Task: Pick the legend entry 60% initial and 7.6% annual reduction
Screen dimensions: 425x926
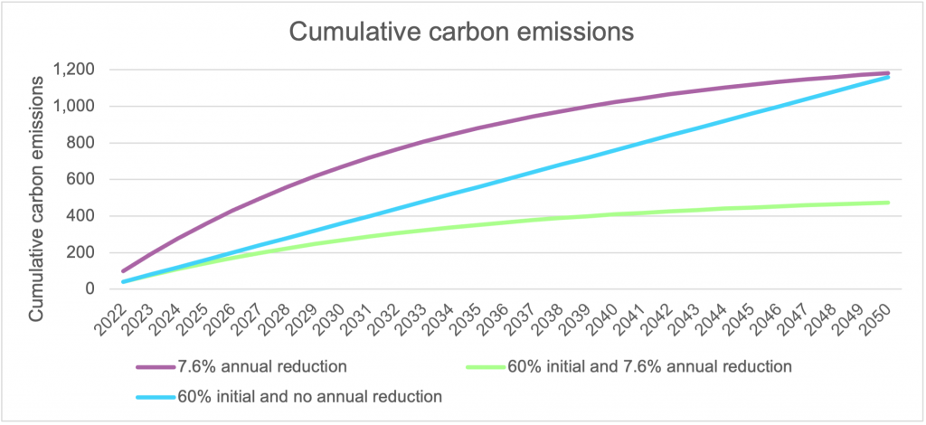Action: point(650,367)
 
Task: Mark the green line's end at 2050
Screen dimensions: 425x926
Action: point(888,203)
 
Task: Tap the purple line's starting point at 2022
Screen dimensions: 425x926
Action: point(124,270)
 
